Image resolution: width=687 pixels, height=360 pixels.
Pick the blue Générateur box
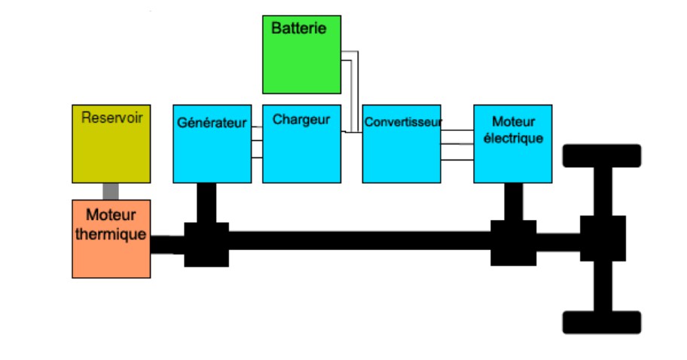click(x=212, y=151)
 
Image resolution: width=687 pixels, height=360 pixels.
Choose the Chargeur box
click(x=301, y=151)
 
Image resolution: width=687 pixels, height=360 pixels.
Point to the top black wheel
click(x=602, y=155)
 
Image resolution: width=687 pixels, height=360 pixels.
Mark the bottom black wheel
click(x=602, y=322)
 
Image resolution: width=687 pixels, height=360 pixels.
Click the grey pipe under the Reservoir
click(x=111, y=191)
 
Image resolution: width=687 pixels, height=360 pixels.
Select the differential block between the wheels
click(x=603, y=238)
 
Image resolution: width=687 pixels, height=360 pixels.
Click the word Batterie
click(x=298, y=29)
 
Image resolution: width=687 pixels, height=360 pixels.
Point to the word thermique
click(x=111, y=234)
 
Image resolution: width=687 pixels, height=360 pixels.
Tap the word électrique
click(x=513, y=138)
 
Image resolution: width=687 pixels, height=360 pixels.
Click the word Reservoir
click(x=111, y=117)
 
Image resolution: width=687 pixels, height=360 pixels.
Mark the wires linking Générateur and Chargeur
click(x=257, y=142)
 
